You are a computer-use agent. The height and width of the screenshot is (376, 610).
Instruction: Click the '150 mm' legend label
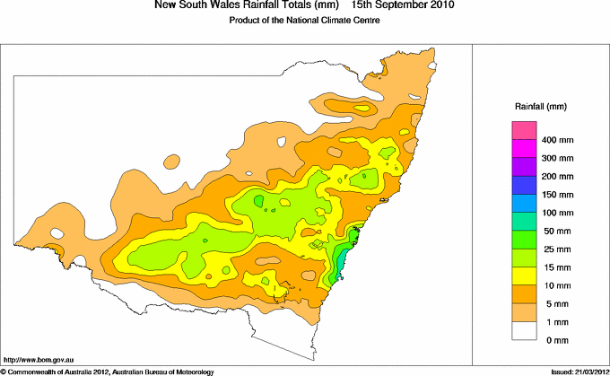pyautogui.click(x=557, y=195)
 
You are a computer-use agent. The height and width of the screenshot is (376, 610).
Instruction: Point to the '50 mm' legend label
pyautogui.click(x=555, y=231)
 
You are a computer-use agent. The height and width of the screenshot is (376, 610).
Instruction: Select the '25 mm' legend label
pyautogui.click(x=555, y=249)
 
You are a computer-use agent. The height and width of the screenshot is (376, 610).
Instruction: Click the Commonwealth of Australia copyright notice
pyautogui.click(x=107, y=371)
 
